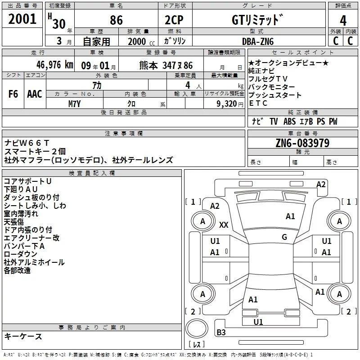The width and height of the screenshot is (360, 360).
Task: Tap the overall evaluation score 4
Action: click(x=343, y=21)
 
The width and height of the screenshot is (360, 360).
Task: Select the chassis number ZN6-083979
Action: click(x=302, y=144)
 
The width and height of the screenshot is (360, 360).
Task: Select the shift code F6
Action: click(x=13, y=94)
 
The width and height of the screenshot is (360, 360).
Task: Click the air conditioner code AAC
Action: click(x=35, y=94)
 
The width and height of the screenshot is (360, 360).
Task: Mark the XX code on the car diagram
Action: click(x=224, y=224)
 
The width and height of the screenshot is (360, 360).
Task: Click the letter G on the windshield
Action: click(x=284, y=237)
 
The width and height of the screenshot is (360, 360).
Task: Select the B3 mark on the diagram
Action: click(x=221, y=333)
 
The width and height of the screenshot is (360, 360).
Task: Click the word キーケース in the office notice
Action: click(x=23, y=336)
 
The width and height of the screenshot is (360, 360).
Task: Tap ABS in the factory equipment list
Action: click(x=289, y=121)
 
